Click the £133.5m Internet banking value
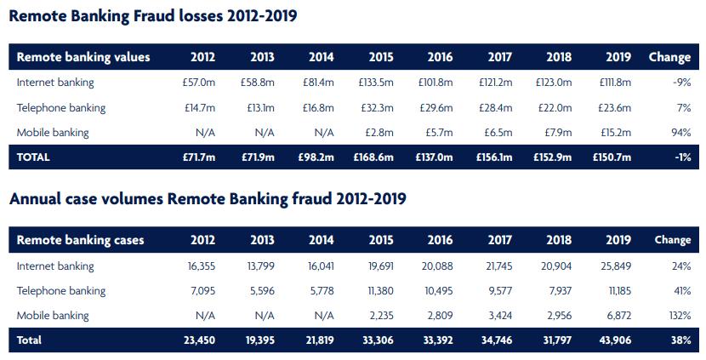point(377,83)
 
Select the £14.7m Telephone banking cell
point(200,108)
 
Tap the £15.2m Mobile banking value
point(615,133)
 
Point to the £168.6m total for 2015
point(375,157)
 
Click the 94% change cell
point(680,133)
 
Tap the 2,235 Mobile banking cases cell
point(379,315)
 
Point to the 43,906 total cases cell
point(612,340)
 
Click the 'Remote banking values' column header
point(83,57)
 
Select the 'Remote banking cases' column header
point(81,240)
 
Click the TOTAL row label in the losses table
point(34,157)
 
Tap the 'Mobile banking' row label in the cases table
point(53,315)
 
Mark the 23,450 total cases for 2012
point(197,340)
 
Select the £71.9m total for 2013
point(257,157)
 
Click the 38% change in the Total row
point(680,340)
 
